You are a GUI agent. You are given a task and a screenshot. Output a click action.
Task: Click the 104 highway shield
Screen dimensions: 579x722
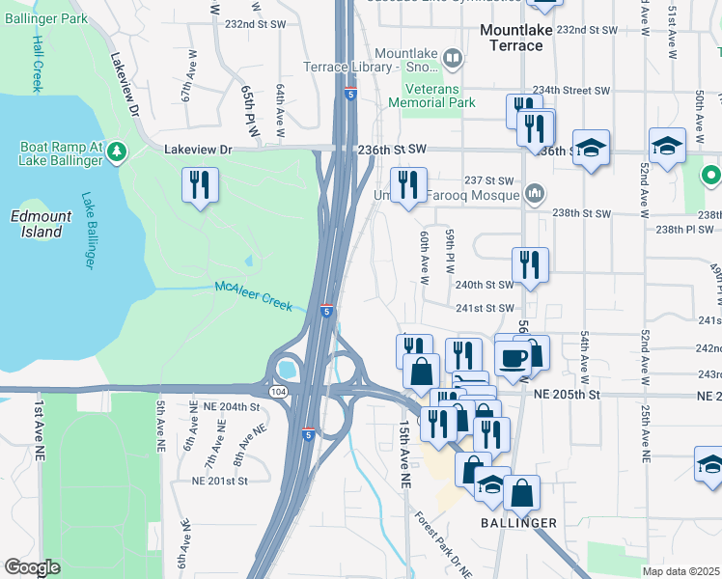pos(278,390)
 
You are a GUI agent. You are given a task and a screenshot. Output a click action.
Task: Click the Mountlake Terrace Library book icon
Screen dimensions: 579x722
pos(451,60)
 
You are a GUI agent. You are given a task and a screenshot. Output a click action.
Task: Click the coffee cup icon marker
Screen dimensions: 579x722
pos(512,358)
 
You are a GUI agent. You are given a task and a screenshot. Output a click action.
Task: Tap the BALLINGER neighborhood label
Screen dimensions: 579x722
pos(519,523)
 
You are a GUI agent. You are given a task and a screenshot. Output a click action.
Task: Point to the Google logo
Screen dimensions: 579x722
pos(32,567)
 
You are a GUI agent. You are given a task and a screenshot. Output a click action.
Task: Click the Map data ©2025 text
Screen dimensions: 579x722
pos(680,571)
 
